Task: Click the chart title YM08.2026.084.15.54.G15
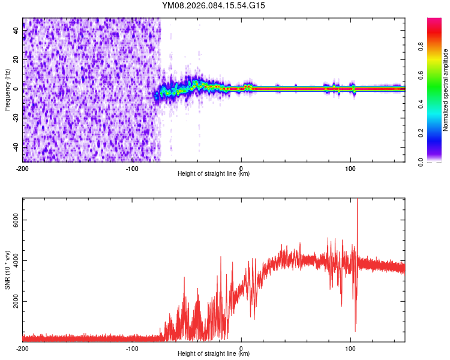pyautogui.click(x=214, y=5)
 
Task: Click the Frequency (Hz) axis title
pyautogui.click(x=7, y=90)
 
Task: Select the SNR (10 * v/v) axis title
pyautogui.click(x=7, y=271)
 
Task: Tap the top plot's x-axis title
pyautogui.click(x=214, y=174)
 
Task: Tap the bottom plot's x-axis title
pyautogui.click(x=214, y=354)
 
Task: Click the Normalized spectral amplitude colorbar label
pyautogui.click(x=445, y=90)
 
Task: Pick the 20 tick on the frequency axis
pyautogui.click(x=16, y=59)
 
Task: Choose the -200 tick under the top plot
pyautogui.click(x=22, y=167)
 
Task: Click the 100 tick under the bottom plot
pyautogui.click(x=350, y=348)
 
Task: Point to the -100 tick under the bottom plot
pyautogui.click(x=131, y=348)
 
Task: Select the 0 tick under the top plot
pyautogui.click(x=241, y=167)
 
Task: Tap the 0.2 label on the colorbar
pyautogui.click(x=421, y=133)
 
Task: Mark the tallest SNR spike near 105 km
pyautogui.click(x=358, y=202)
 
